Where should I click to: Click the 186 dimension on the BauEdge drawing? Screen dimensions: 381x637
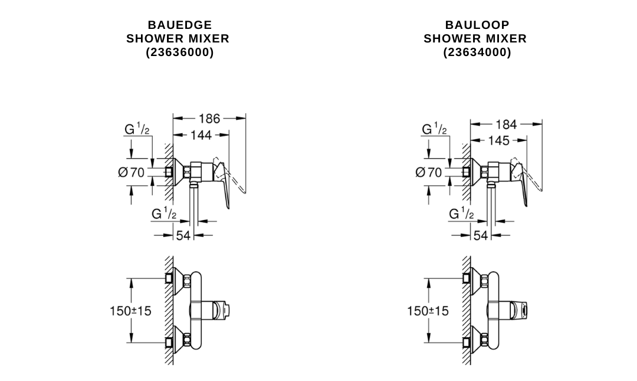(x=209, y=119)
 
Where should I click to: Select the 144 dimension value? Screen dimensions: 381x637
(x=201, y=135)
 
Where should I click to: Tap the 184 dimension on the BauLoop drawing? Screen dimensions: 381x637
(x=506, y=124)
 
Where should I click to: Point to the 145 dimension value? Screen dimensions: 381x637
(x=499, y=141)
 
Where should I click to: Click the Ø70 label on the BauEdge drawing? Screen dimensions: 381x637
(x=132, y=173)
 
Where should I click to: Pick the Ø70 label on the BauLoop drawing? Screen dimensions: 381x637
(x=429, y=173)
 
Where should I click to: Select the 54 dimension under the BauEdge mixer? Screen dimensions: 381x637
(x=183, y=235)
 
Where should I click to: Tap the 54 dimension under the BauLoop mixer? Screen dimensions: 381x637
(x=481, y=235)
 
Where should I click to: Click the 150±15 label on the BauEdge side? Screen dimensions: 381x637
(x=130, y=310)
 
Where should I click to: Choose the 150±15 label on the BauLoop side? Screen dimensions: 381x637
(x=428, y=310)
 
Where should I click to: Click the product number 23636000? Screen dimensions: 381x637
(x=179, y=52)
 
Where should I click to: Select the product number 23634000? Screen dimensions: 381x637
(x=477, y=52)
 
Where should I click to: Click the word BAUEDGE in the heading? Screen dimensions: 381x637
(x=179, y=25)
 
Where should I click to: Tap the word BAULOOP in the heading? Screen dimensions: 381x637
(x=477, y=25)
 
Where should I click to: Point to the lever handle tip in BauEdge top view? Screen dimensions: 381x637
(x=237, y=308)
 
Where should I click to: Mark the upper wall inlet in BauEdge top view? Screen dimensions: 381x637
(x=170, y=277)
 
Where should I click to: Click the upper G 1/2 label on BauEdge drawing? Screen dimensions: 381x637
(x=137, y=129)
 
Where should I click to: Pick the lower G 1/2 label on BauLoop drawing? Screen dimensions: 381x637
(x=461, y=214)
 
